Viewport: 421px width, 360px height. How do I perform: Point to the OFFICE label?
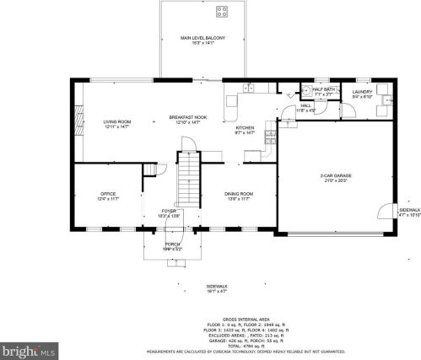click(x=107, y=196)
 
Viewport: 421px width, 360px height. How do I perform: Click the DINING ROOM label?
click(x=239, y=196)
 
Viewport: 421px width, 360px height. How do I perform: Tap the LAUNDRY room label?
click(x=363, y=93)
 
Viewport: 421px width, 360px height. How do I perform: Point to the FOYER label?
click(x=169, y=212)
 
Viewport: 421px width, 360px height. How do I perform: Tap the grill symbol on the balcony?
click(x=223, y=12)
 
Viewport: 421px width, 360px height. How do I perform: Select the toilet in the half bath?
click(x=305, y=89)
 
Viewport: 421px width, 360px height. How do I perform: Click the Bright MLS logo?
click(x=29, y=348)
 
